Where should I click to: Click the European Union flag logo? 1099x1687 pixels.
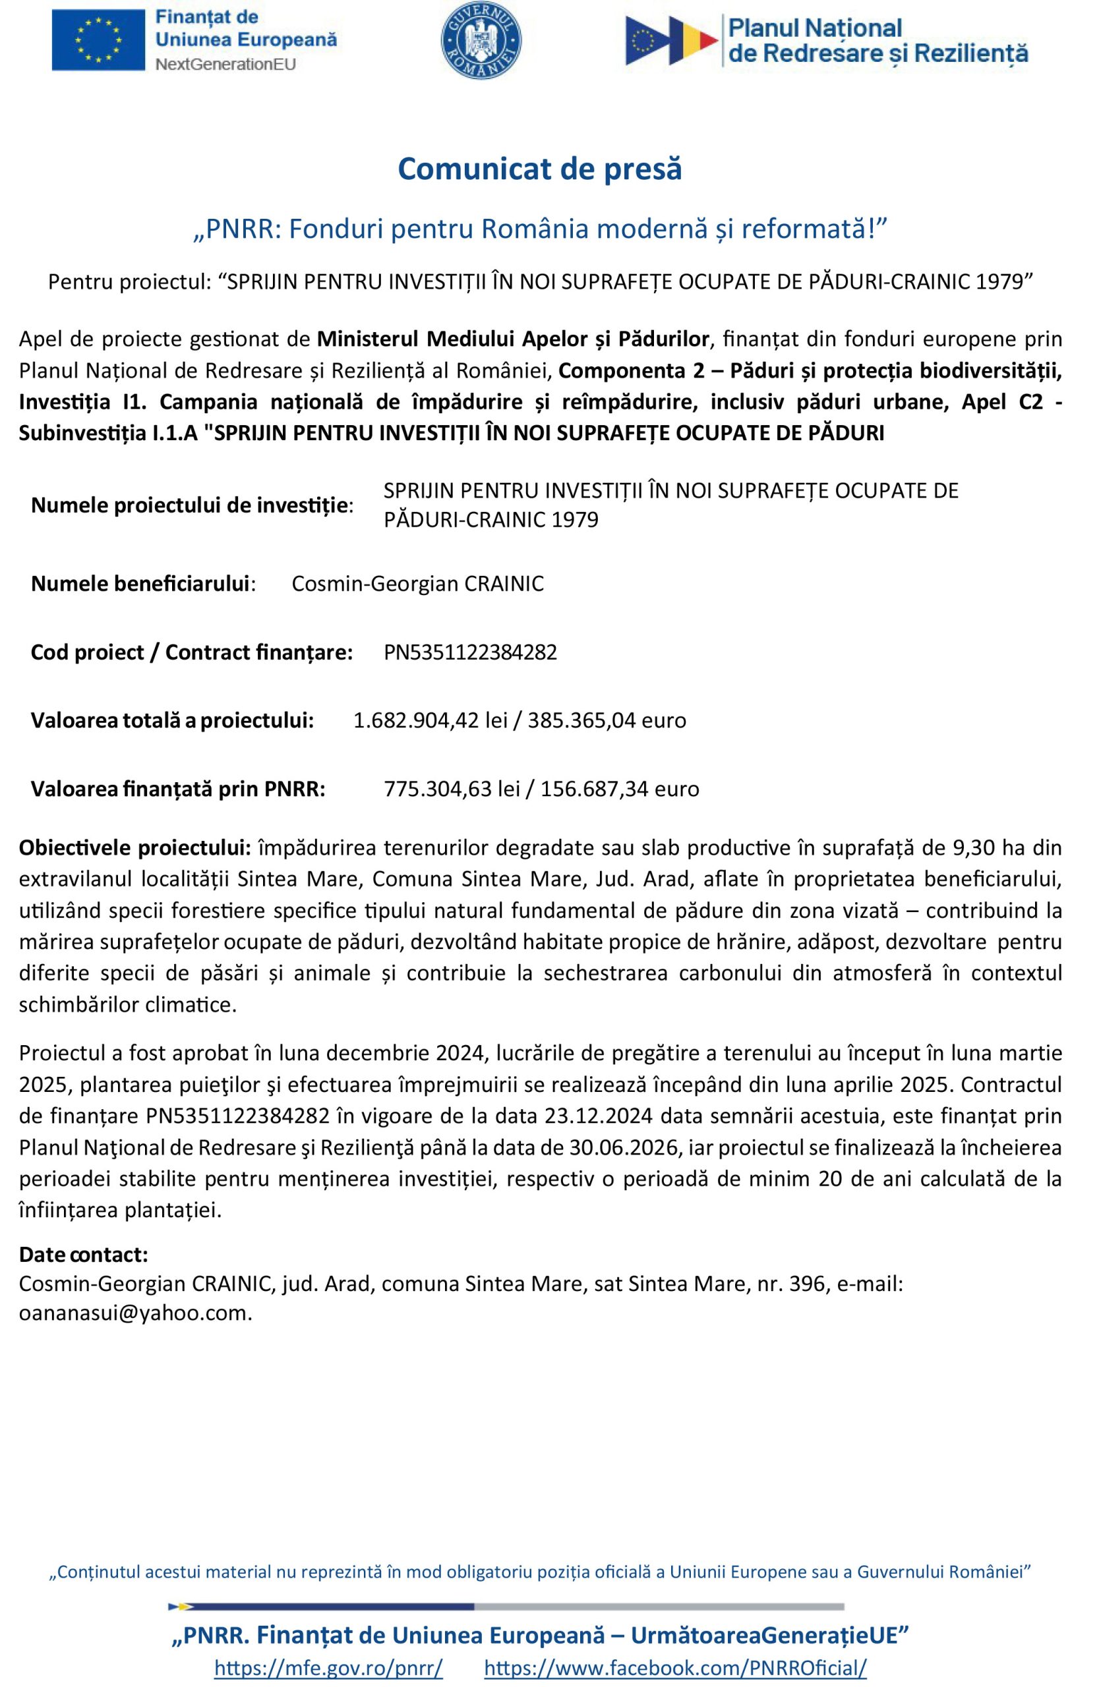(98, 40)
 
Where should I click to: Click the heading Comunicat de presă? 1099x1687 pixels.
(539, 169)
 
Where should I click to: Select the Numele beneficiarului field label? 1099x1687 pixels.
(143, 584)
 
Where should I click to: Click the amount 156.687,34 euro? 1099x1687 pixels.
(620, 789)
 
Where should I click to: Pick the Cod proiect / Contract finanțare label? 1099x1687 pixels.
(191, 652)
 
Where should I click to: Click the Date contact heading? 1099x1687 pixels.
(84, 1254)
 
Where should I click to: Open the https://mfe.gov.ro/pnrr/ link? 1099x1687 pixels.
(328, 1667)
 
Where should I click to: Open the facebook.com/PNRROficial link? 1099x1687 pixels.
(675, 1667)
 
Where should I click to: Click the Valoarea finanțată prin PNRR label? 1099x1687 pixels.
(178, 789)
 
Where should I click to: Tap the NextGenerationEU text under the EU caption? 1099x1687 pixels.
(225, 65)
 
